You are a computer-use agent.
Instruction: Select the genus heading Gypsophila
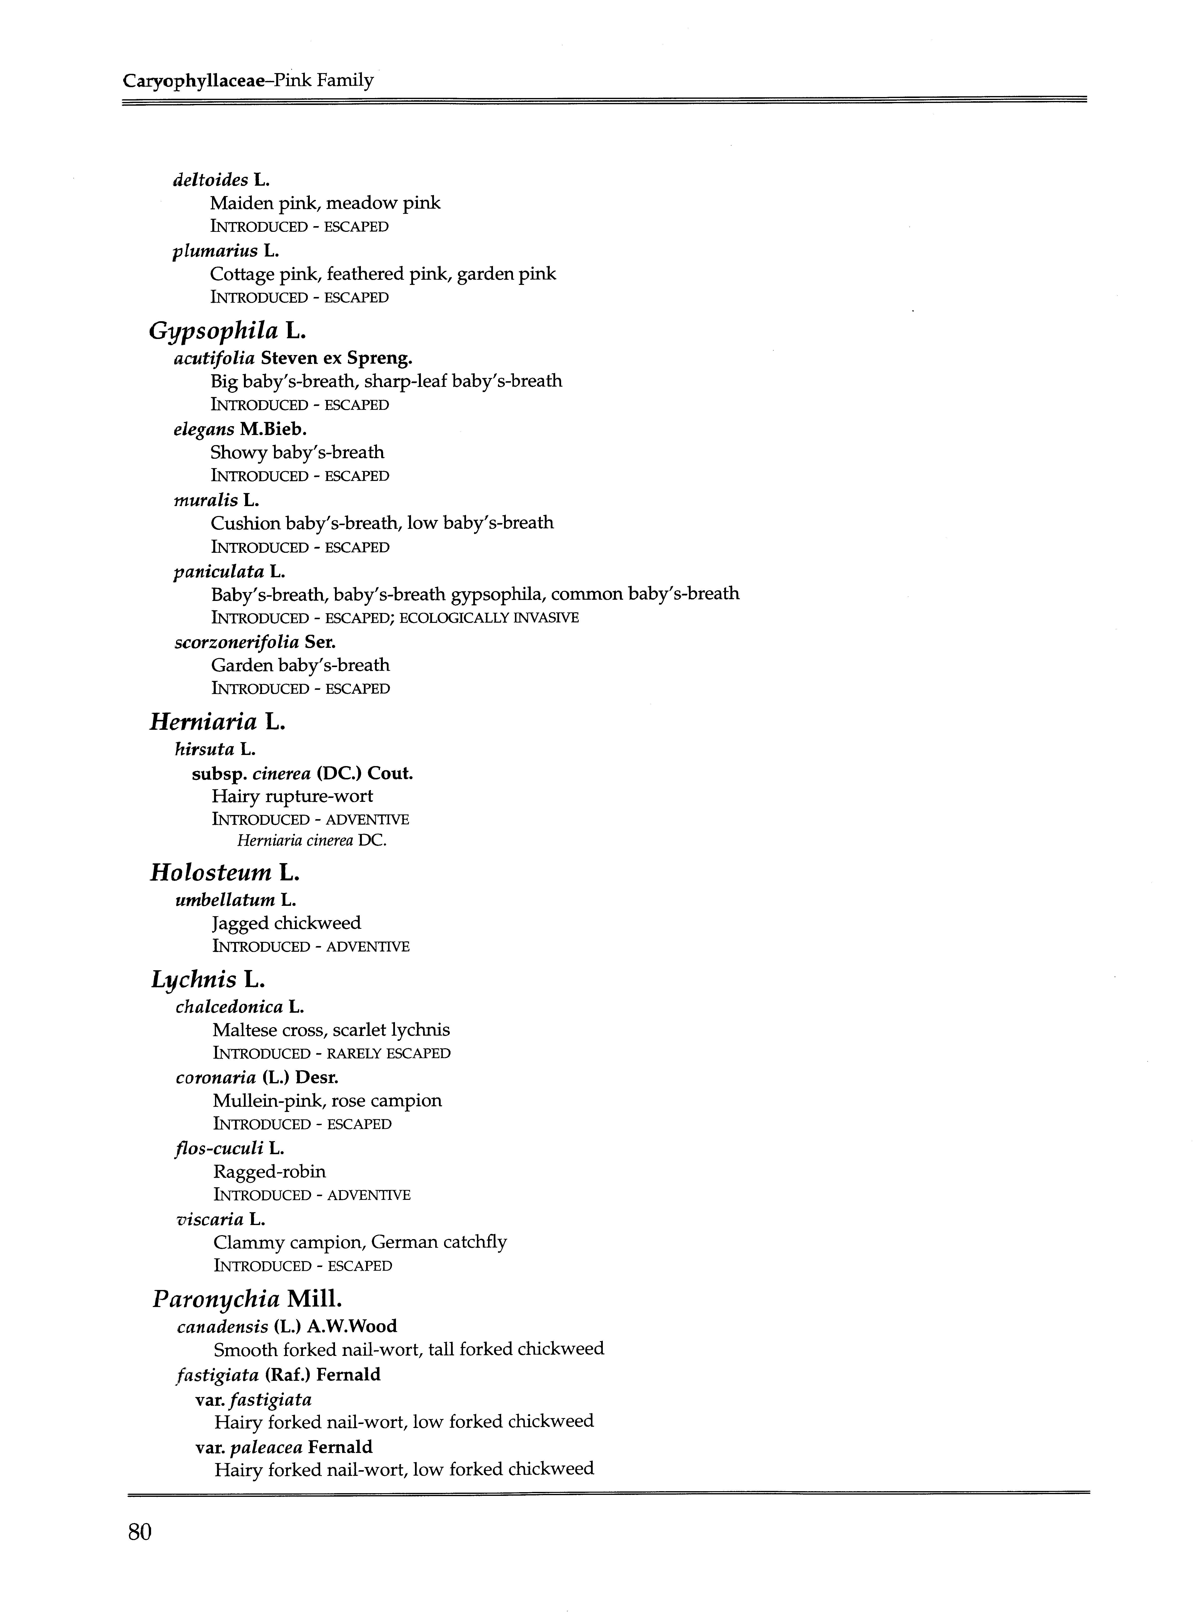[x=214, y=332]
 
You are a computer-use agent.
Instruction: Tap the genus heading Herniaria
[x=203, y=722]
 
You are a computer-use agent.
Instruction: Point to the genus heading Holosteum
[x=211, y=873]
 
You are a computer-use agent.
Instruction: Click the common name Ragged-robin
[x=269, y=1171]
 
